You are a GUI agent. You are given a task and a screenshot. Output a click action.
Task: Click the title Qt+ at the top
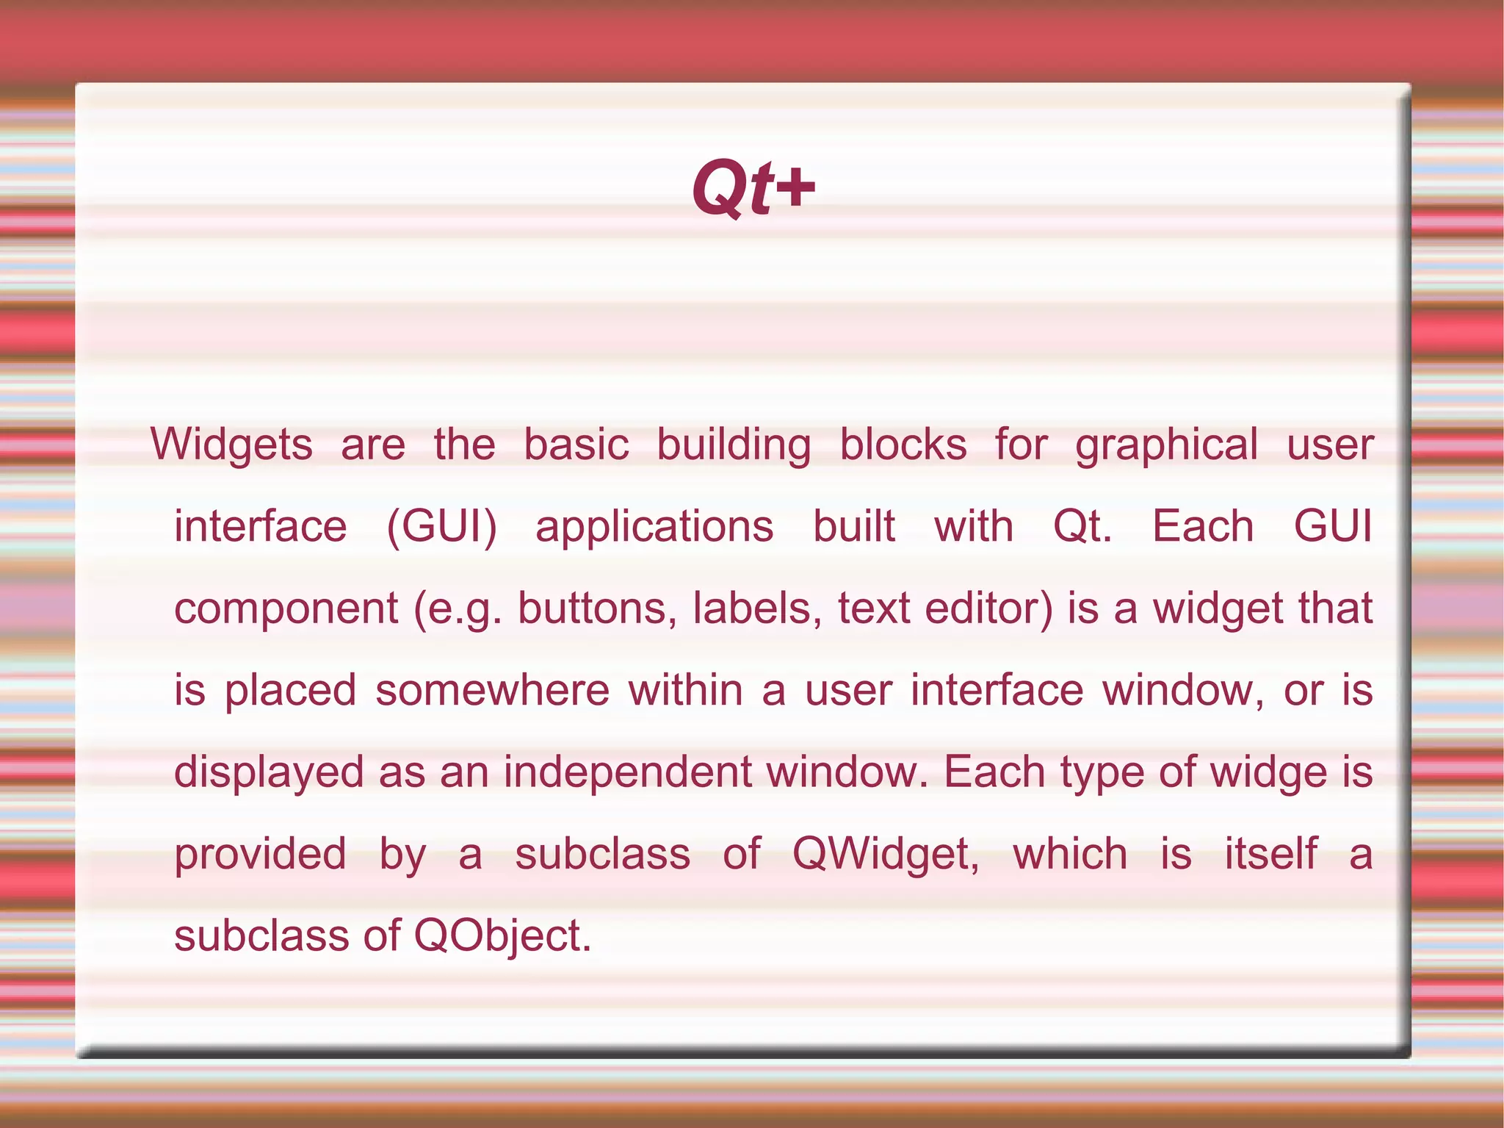pos(753,189)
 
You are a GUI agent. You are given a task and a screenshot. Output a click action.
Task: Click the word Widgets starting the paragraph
pos(232,445)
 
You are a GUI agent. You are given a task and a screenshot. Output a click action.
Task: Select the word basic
pos(576,445)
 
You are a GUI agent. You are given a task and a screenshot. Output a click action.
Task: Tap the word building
pos(734,445)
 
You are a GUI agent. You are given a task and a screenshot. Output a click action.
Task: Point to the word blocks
pos(903,445)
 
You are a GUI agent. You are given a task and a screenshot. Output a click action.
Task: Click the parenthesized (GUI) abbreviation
pos(441,527)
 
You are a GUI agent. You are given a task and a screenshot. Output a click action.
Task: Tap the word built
pos(854,527)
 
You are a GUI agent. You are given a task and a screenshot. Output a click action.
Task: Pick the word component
pos(286,609)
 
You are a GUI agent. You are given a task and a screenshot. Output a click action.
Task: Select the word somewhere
pos(492,691)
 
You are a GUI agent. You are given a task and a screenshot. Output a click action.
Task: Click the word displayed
pos(269,773)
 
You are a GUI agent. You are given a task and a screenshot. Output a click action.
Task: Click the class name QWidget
pos(885,855)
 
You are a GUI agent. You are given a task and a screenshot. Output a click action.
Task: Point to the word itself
pos(1270,855)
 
